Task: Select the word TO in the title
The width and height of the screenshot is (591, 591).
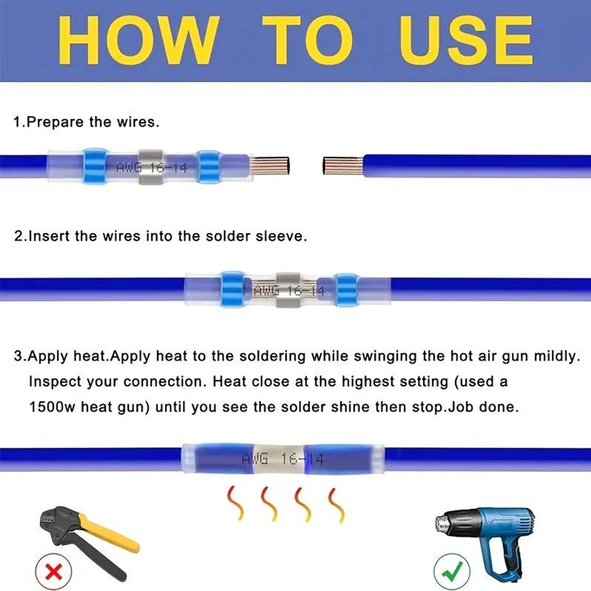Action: click(x=307, y=40)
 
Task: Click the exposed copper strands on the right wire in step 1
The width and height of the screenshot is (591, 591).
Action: click(x=343, y=165)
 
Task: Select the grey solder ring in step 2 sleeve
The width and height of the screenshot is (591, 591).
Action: click(x=288, y=289)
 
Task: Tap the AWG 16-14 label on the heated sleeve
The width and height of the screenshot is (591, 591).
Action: click(x=283, y=459)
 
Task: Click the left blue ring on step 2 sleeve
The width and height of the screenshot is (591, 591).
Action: click(x=233, y=289)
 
